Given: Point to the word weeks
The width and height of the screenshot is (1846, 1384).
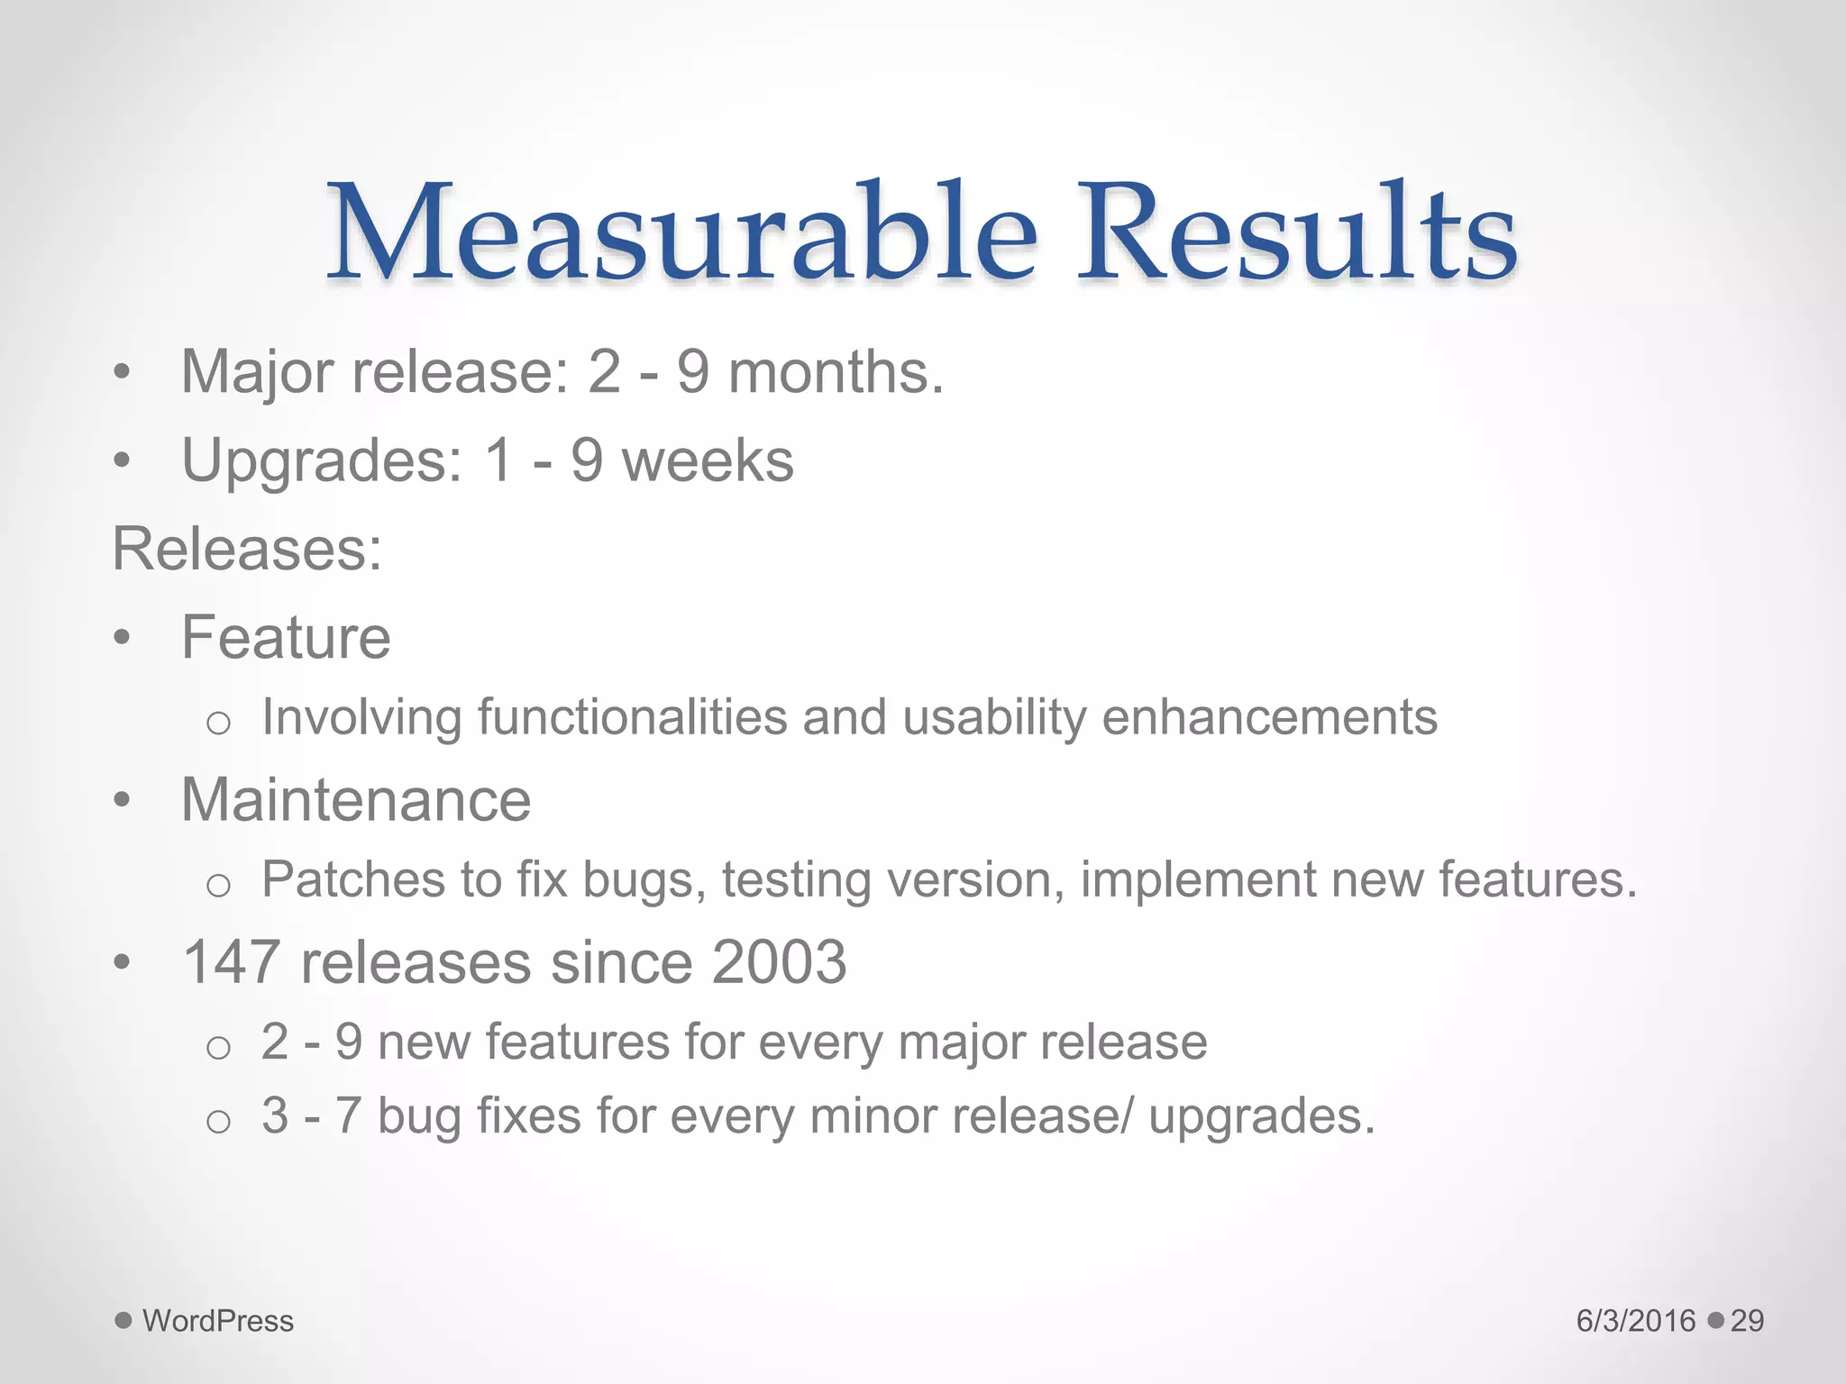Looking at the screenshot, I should (708, 460).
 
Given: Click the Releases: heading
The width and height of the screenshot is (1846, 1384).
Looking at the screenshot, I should (247, 548).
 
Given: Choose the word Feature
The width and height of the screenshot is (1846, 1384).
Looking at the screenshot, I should (286, 637).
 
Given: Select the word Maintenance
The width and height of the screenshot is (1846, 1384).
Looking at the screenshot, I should (356, 799).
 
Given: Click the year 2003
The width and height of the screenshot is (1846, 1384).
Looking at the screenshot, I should (779, 961).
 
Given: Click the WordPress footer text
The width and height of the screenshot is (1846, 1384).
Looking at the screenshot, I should (218, 1321).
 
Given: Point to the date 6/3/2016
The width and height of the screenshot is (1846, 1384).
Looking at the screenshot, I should (1636, 1321).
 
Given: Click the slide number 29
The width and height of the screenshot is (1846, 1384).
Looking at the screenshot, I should (1747, 1321).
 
